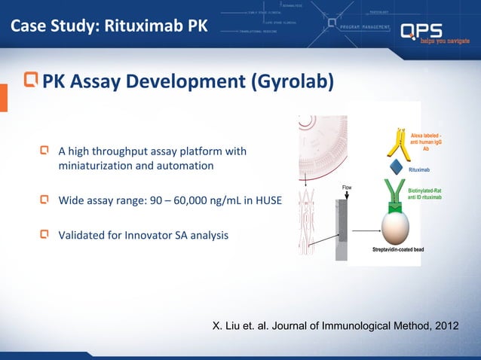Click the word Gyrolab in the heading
click(292, 81)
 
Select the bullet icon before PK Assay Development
click(31, 79)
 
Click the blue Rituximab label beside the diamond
click(419, 170)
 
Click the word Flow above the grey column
click(347, 187)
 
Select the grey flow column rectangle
click(344, 219)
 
